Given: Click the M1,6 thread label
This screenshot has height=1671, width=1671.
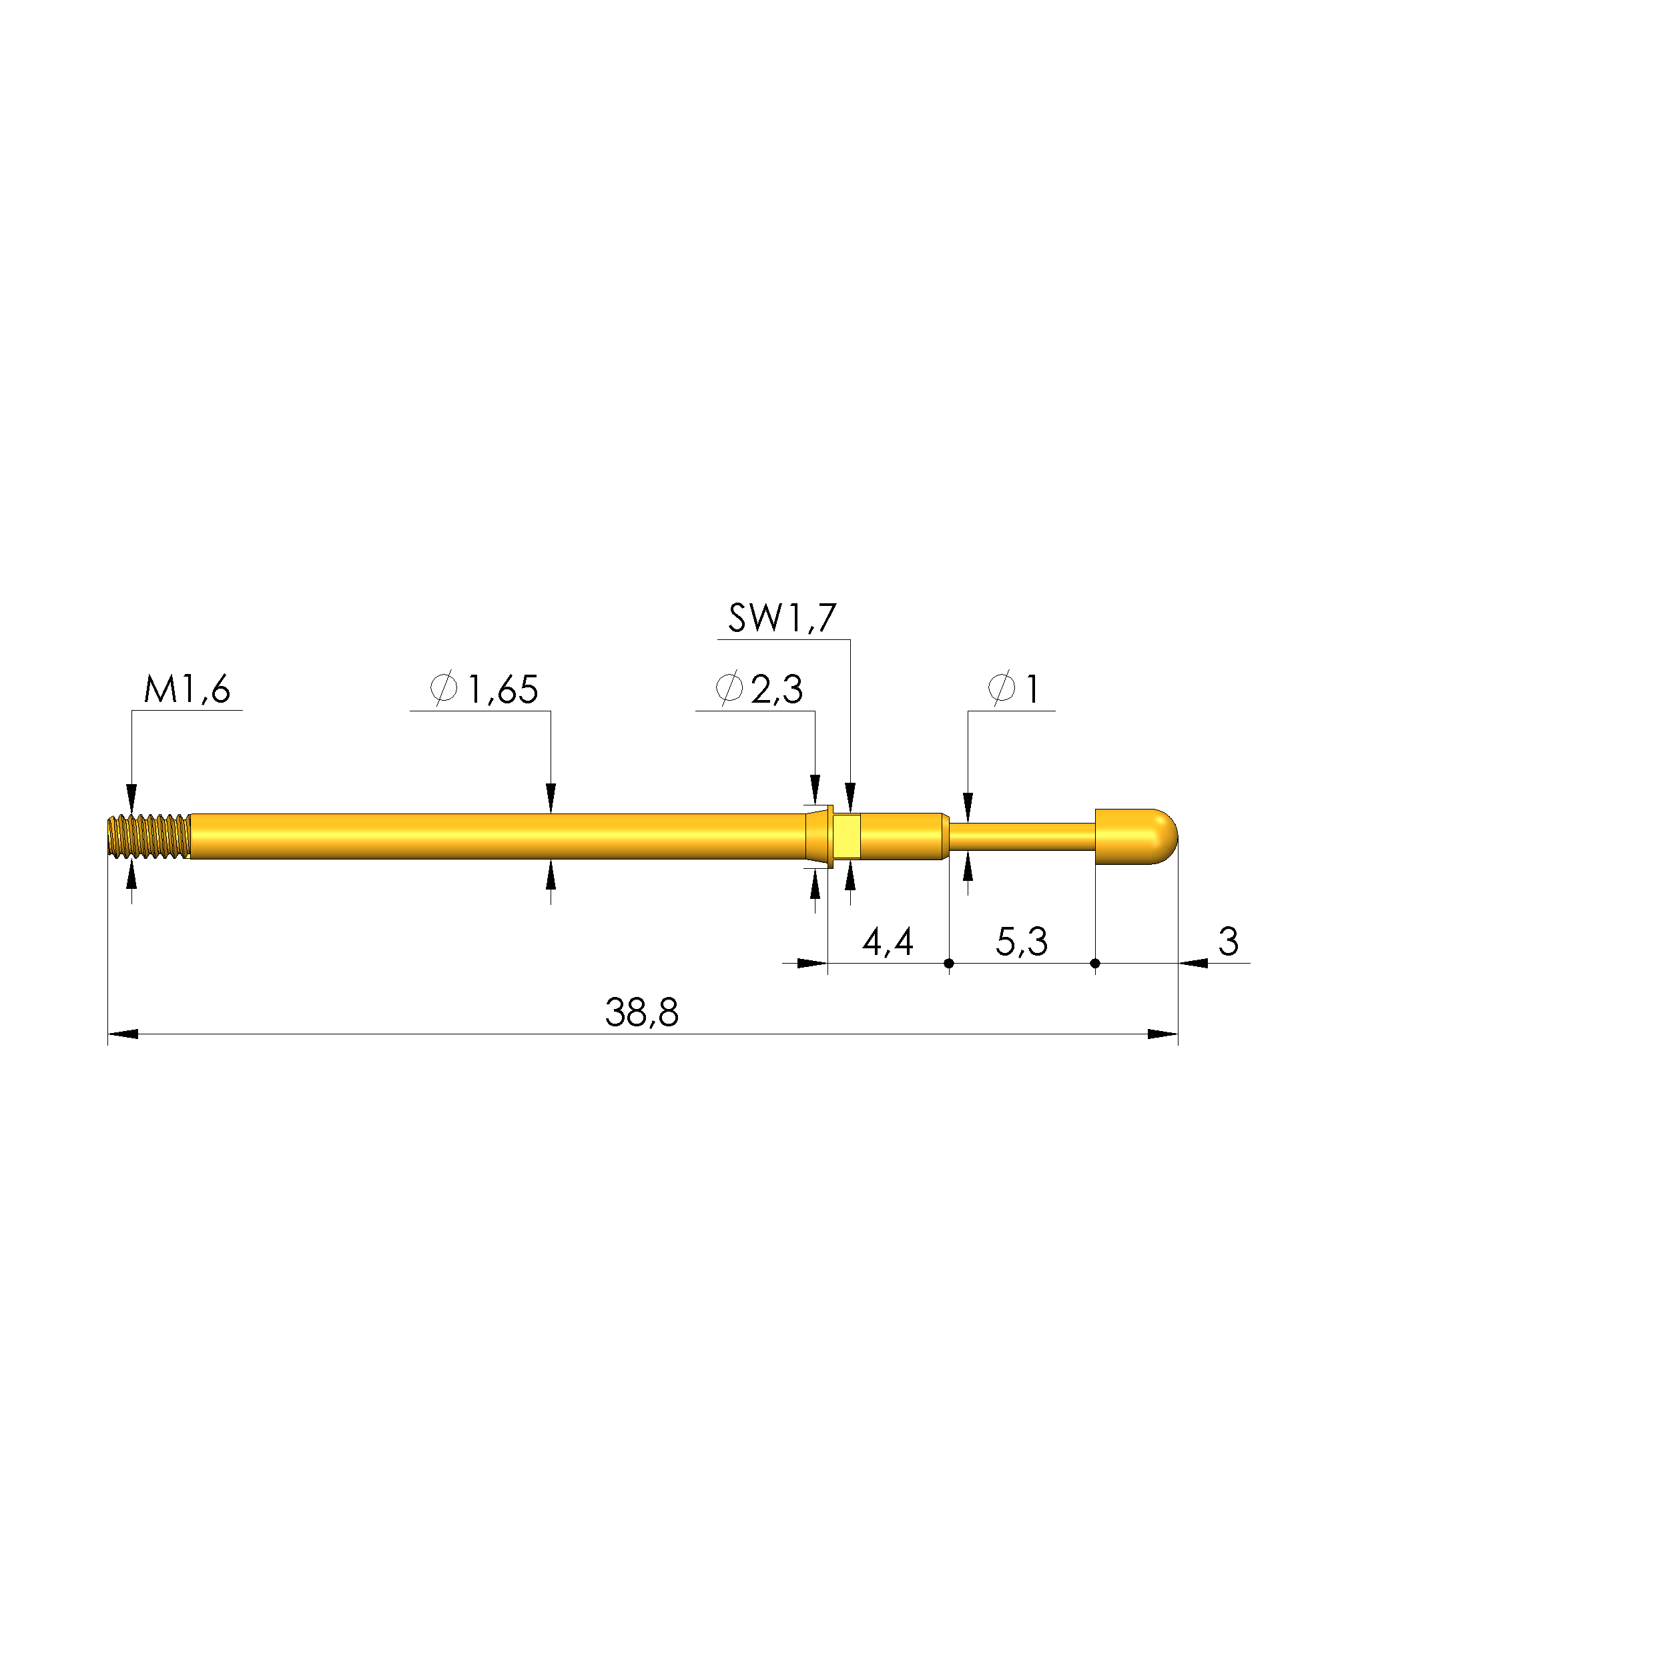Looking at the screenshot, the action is (187, 690).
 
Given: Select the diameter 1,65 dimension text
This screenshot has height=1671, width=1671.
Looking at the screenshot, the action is (484, 689).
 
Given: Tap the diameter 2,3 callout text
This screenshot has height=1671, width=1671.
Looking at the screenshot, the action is (759, 689).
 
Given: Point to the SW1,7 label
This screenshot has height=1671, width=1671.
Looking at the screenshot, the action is (782, 619).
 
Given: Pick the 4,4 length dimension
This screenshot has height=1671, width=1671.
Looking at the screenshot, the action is (888, 941).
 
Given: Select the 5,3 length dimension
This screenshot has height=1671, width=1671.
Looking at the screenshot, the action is (1022, 941).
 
